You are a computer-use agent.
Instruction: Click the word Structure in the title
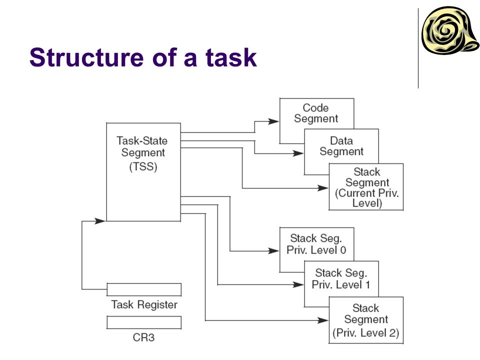click(86, 57)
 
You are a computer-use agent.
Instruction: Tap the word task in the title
click(231, 57)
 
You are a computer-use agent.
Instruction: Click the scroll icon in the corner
click(450, 30)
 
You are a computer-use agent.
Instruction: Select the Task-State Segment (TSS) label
click(142, 153)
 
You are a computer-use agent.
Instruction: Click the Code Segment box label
click(316, 113)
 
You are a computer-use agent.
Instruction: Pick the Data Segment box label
click(341, 146)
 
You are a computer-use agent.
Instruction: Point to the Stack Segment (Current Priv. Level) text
click(366, 187)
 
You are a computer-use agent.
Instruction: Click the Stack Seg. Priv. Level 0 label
click(316, 244)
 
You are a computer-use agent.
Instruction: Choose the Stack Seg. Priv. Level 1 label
click(341, 278)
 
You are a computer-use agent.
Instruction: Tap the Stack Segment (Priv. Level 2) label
click(366, 320)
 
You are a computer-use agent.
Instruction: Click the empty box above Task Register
click(144, 289)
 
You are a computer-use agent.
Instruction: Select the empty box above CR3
click(144, 322)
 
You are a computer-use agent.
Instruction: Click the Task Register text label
click(144, 304)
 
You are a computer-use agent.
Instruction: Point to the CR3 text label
click(143, 337)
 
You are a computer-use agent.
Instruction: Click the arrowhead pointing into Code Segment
click(273, 121)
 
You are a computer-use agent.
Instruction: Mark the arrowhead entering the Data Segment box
click(298, 153)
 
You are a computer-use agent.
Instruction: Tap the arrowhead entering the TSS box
click(100, 220)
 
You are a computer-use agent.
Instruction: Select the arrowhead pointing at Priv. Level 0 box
click(273, 251)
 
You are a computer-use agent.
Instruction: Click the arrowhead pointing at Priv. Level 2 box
click(323, 320)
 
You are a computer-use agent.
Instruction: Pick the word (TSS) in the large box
click(143, 167)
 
